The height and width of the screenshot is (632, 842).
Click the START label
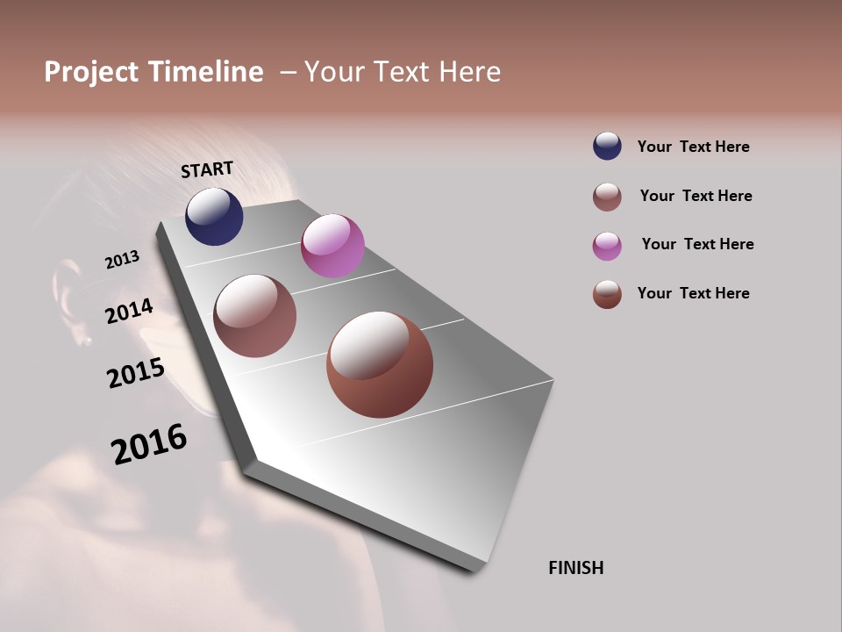click(207, 169)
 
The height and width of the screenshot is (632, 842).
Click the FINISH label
click(575, 568)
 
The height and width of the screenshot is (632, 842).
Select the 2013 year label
click(122, 260)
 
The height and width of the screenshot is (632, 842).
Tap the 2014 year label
click(129, 311)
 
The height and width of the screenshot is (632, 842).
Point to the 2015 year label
click(136, 373)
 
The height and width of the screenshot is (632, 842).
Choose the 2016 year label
click(149, 443)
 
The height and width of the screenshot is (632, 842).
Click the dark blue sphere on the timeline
click(214, 217)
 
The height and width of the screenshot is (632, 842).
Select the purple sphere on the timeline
click(332, 246)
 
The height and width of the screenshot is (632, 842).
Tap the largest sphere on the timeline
click(380, 364)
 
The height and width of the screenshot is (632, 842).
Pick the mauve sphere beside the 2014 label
click(255, 316)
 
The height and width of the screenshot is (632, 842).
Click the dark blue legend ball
click(607, 146)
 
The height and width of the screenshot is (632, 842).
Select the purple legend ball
click(607, 246)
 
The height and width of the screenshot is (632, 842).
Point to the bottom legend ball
click(607, 294)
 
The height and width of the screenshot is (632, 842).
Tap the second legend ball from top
click(607, 197)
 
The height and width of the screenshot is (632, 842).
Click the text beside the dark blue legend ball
click(693, 147)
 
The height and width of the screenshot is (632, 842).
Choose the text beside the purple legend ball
click(697, 244)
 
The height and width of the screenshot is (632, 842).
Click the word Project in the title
click(91, 72)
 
